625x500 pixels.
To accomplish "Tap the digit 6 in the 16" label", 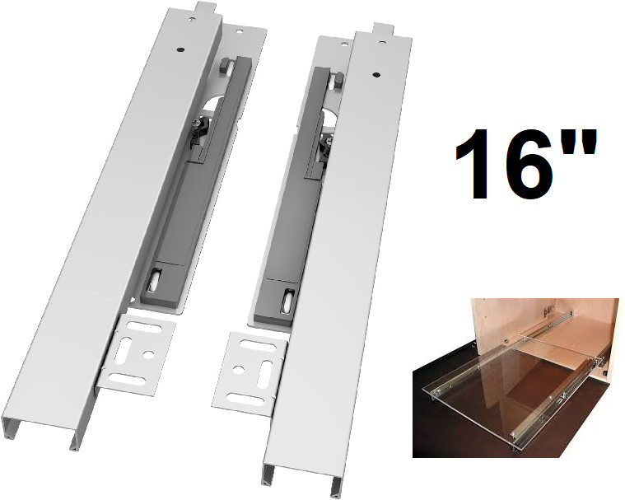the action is coord(525,164).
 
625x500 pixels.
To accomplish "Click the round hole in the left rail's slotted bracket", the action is coord(148,353).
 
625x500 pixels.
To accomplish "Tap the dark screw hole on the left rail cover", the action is coord(180,49).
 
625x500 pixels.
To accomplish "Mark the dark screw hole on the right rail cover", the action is coord(375,75).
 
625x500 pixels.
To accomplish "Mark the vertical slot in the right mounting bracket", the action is coord(264,368).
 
